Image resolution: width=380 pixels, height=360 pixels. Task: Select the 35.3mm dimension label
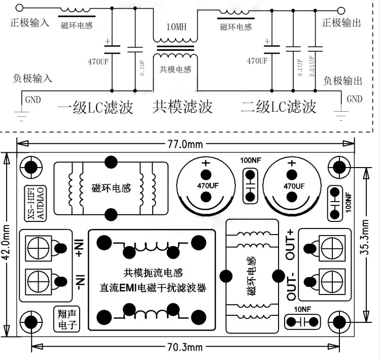click(373, 243)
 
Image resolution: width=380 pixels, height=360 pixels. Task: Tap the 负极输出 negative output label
click(343, 80)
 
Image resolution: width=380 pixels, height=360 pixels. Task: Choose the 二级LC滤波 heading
click(279, 107)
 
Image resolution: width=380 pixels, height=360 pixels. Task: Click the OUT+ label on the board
click(290, 245)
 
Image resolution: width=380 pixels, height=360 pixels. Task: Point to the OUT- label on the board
click(291, 287)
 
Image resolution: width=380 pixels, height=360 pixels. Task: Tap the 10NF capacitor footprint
click(303, 321)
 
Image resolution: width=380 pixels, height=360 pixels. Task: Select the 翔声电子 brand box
click(64, 317)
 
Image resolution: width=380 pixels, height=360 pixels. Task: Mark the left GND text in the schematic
click(32, 99)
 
